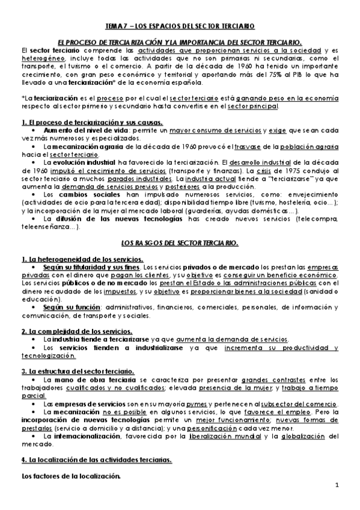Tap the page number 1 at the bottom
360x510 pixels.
[337, 485]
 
